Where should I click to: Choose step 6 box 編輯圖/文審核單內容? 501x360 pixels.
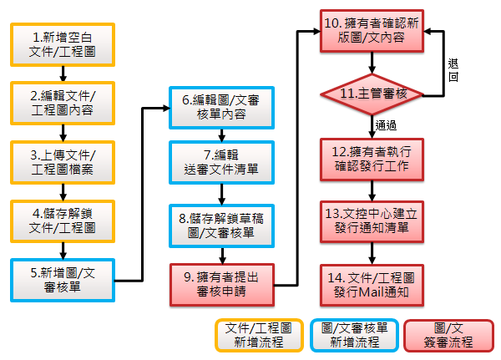(x=220, y=108)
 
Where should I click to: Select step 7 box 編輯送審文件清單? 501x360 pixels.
(x=220, y=161)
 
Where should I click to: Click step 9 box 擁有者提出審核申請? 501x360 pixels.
(x=220, y=283)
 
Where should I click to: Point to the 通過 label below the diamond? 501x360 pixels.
(x=386, y=125)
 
